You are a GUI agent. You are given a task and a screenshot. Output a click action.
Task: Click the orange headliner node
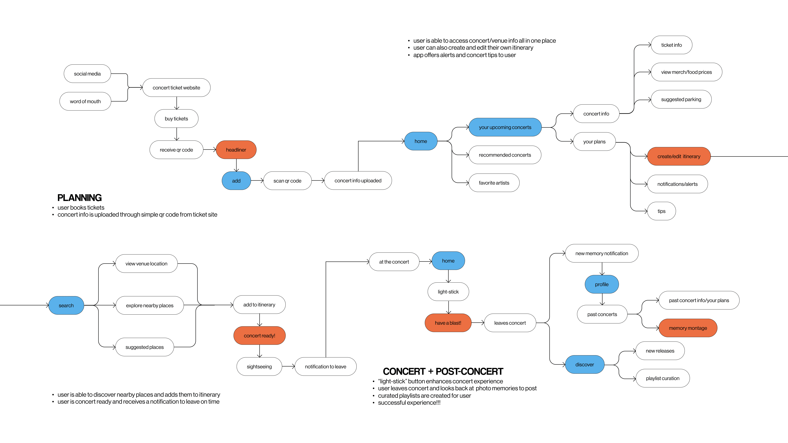[236, 150]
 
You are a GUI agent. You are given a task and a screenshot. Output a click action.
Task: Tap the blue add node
[236, 181]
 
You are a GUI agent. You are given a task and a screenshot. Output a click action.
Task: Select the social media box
[87, 74]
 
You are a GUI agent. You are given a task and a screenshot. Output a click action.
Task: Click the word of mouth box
[85, 101]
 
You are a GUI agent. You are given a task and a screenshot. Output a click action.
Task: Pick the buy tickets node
[176, 119]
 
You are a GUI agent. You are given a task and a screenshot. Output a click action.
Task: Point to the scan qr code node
[287, 181]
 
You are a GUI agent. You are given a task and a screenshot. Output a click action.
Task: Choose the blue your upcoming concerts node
[505, 127]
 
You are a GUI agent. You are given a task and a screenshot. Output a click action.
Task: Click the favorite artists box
[494, 183]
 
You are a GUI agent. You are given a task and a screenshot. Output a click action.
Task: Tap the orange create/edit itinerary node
[679, 156]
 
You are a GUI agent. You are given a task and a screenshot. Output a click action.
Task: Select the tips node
[661, 211]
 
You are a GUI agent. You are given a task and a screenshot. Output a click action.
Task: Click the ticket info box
[671, 45]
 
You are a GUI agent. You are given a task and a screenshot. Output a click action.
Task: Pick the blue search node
[66, 305]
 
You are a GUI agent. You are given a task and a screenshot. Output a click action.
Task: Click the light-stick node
[448, 292]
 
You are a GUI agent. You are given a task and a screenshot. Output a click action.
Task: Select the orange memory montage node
[688, 328]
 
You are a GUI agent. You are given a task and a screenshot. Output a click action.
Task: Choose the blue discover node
[585, 364]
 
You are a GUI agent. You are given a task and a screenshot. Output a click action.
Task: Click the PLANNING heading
[79, 198]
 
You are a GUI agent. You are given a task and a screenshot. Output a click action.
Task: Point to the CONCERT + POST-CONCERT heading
[443, 371]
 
